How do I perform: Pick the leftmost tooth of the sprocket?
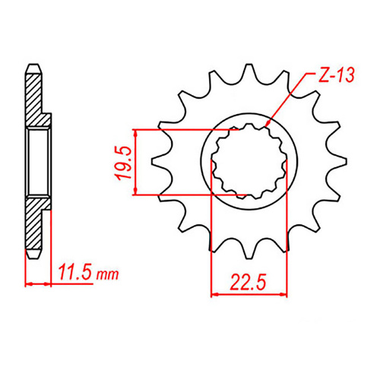[160, 161]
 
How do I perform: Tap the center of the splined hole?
[248, 161]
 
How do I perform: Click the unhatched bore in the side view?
[38, 162]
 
